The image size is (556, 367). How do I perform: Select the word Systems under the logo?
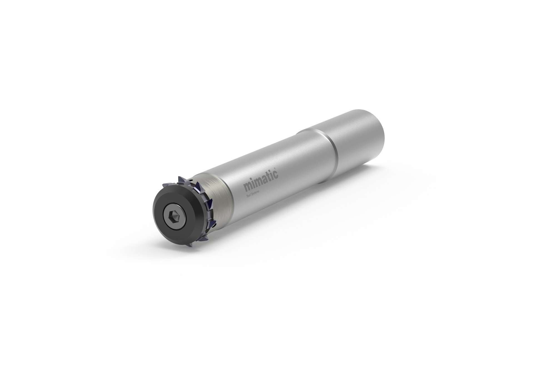[x=255, y=193]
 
